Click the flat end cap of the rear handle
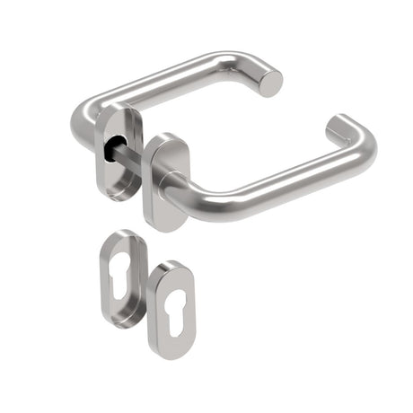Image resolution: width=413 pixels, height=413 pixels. [x=270, y=83]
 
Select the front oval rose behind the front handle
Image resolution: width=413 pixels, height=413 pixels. [x=161, y=180]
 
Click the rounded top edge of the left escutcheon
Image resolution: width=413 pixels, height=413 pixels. [x=122, y=234]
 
